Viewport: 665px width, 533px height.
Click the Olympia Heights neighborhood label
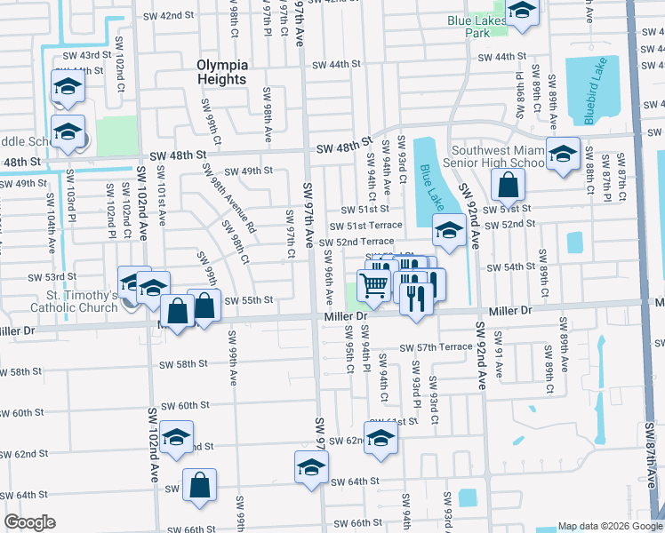(221, 72)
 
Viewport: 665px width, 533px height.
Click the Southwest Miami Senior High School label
(498, 156)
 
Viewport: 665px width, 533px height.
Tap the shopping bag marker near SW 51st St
(508, 185)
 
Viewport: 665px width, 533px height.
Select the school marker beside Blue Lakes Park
(522, 12)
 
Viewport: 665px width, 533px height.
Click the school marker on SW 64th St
(311, 466)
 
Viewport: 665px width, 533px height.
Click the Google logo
(29, 522)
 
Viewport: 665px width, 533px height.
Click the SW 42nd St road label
(169, 16)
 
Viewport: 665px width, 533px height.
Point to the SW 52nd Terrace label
(357, 242)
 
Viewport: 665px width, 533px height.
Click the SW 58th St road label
(183, 363)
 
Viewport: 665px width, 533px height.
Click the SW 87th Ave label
(651, 462)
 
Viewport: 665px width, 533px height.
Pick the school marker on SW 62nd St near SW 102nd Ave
(177, 440)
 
